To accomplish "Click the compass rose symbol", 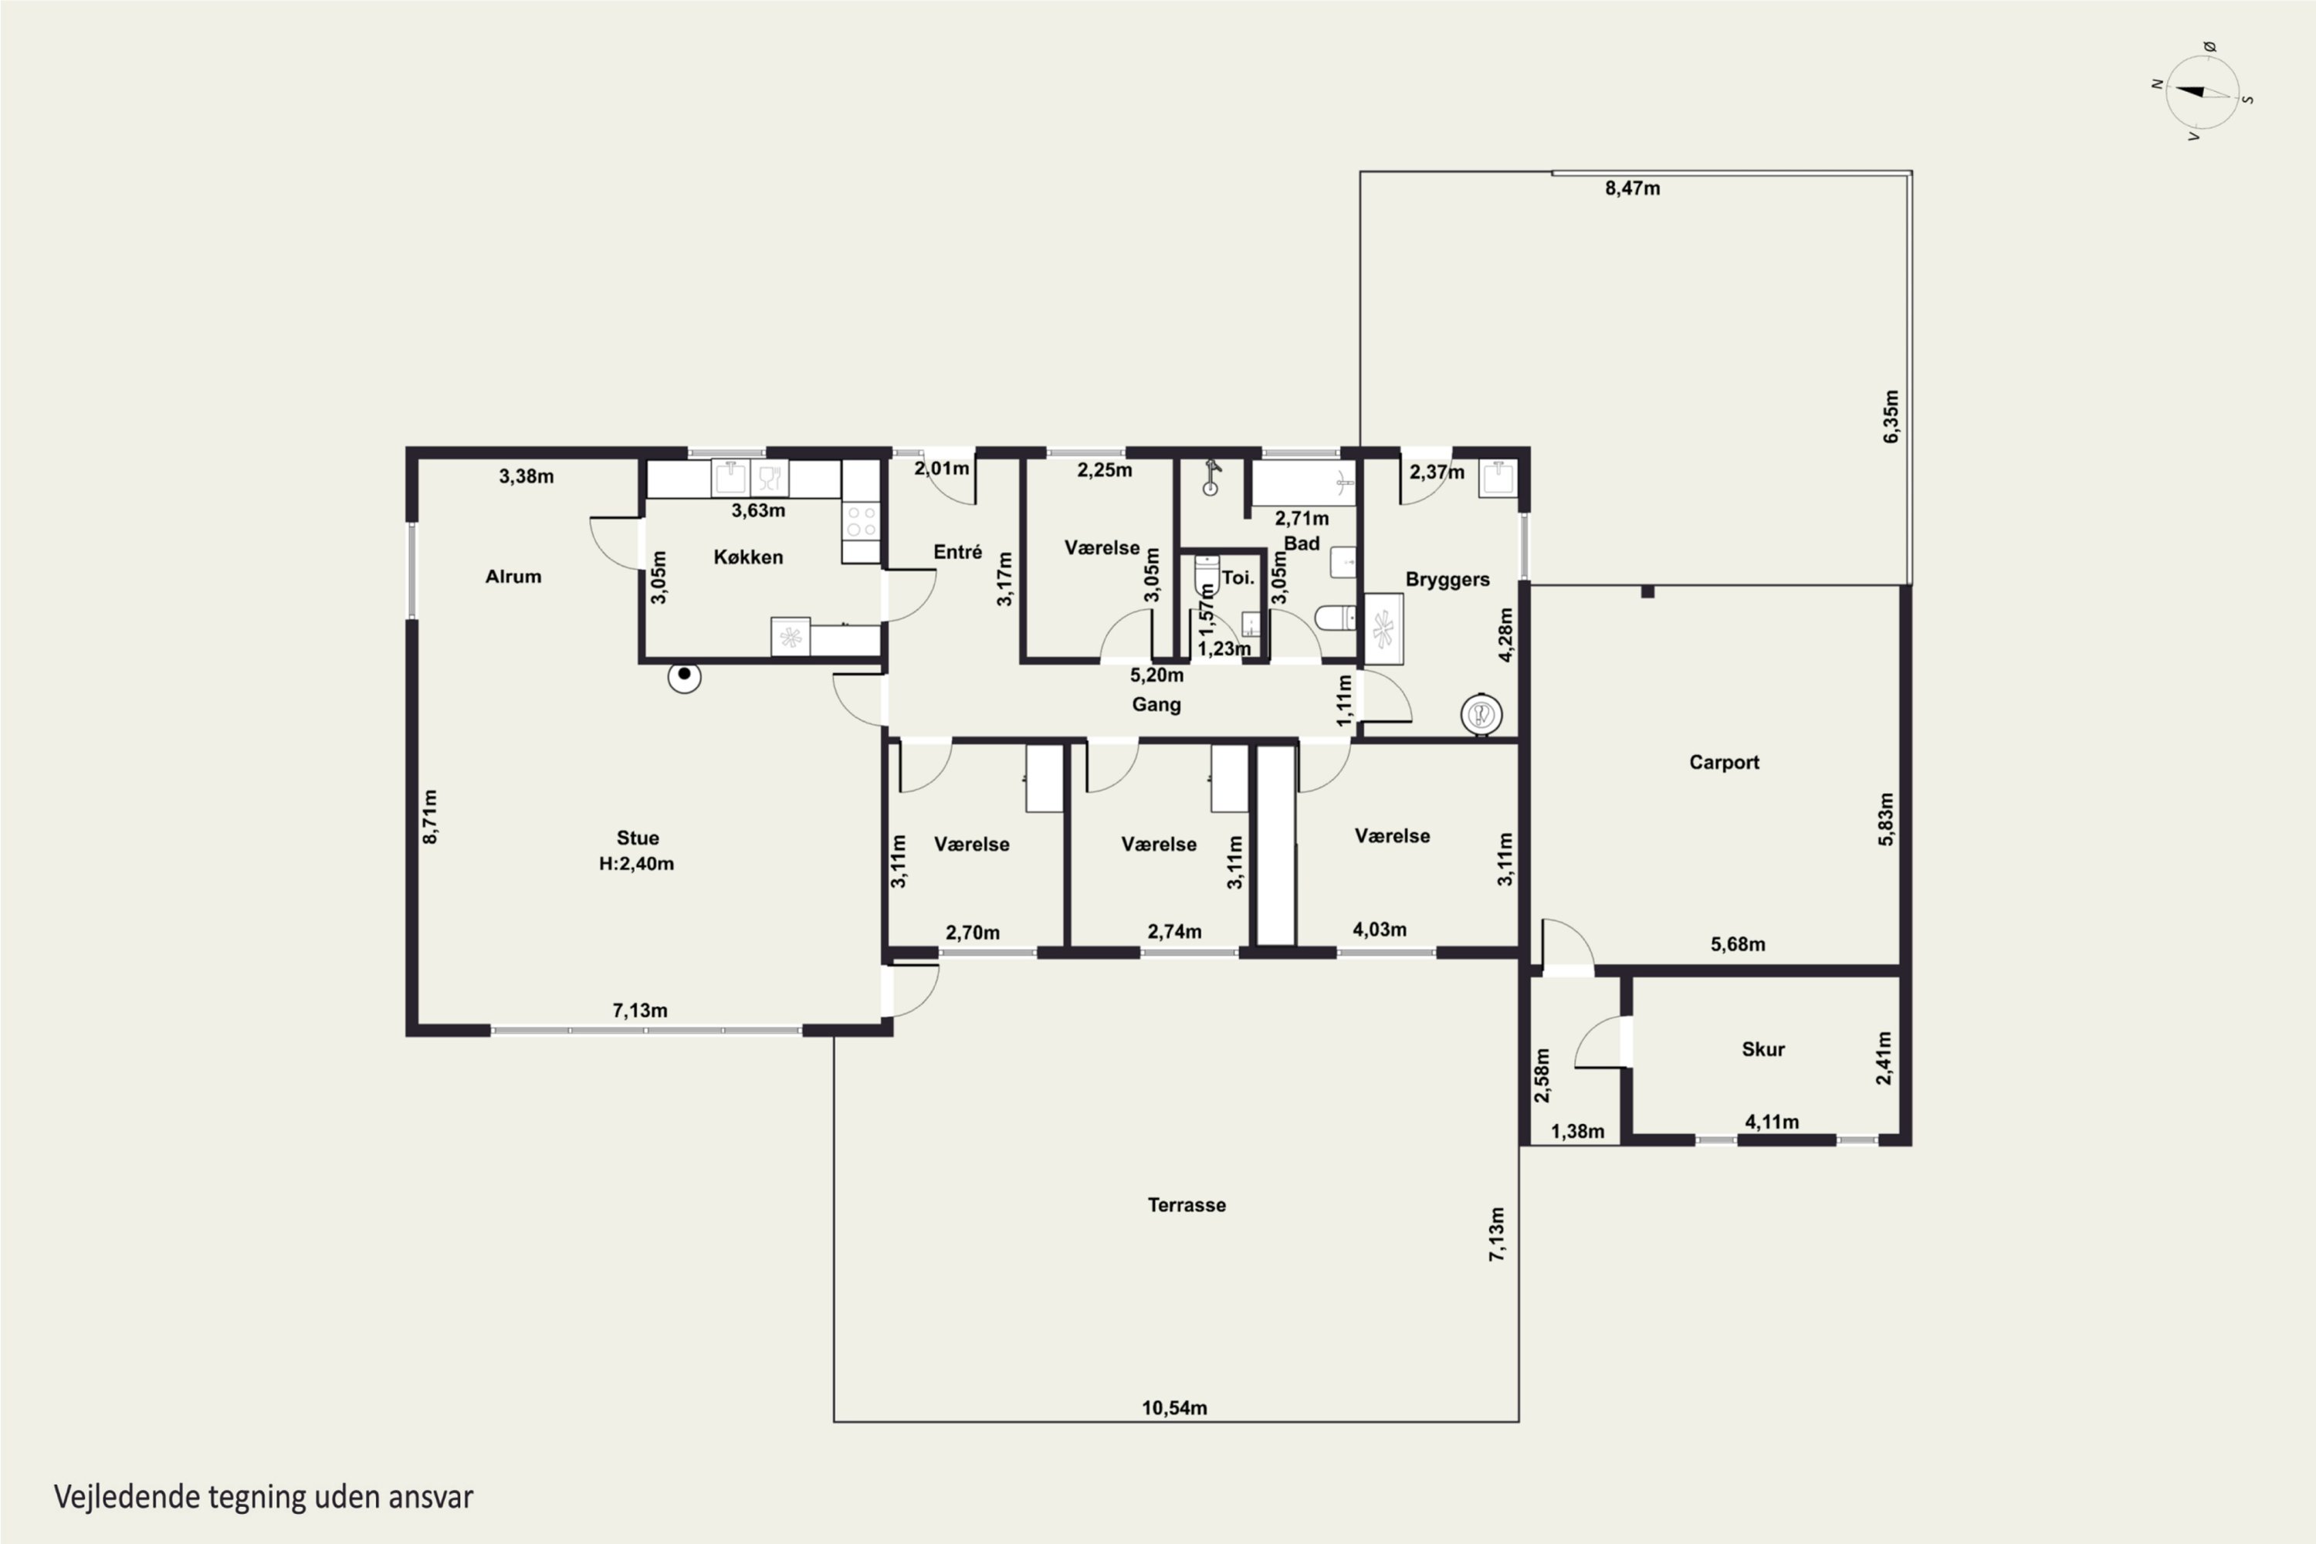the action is pos(2203,93).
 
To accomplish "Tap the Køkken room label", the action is pos(748,557).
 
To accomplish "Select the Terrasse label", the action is pos(1187,1205).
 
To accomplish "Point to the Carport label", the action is pos(1724,762).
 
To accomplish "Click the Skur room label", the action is pos(1762,1050).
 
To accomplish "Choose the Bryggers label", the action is pos(1447,580).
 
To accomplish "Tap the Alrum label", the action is pos(513,577).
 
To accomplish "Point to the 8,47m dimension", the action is pos(1633,188).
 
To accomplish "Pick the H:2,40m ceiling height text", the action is pos(637,864).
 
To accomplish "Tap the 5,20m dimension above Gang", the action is pos(1157,675).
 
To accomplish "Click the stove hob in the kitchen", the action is pos(861,521).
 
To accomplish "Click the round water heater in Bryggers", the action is pos(1481,714).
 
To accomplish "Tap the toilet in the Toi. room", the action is pos(1206,575).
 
